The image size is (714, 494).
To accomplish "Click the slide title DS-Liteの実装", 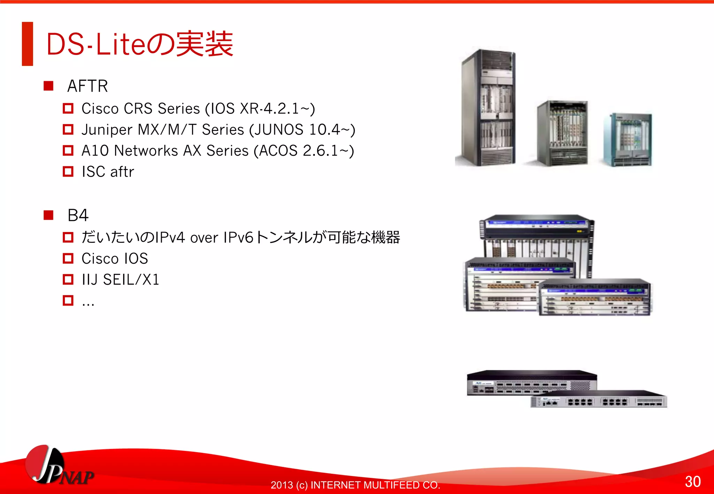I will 139,44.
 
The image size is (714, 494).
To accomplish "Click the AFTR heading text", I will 88,86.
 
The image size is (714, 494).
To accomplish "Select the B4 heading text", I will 78,215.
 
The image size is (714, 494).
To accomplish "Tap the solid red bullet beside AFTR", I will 48,86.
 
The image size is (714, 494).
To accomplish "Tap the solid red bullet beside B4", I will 48,215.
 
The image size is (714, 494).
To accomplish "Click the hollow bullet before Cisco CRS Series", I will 68,108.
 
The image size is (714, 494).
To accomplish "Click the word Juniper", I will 107,130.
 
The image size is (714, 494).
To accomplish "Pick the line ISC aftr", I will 108,172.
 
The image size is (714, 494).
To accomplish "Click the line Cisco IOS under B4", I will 115,258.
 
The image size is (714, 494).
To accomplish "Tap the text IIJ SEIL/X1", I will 120,280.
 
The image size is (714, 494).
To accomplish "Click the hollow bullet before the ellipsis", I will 68,300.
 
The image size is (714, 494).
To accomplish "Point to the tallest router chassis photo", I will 487,108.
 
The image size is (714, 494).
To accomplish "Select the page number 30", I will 692,481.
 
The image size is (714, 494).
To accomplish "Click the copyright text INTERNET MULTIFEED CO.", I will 375,485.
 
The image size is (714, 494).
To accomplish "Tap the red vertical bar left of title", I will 28,44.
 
